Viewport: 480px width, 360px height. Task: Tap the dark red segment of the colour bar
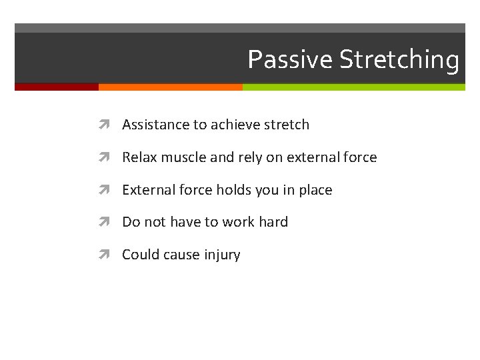(x=57, y=87)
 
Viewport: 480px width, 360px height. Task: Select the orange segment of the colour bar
(x=170, y=87)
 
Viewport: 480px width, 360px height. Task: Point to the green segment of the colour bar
(x=353, y=87)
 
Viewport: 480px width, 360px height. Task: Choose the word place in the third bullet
(x=315, y=191)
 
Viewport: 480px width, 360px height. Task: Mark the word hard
(x=273, y=222)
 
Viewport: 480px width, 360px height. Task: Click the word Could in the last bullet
(x=140, y=255)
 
